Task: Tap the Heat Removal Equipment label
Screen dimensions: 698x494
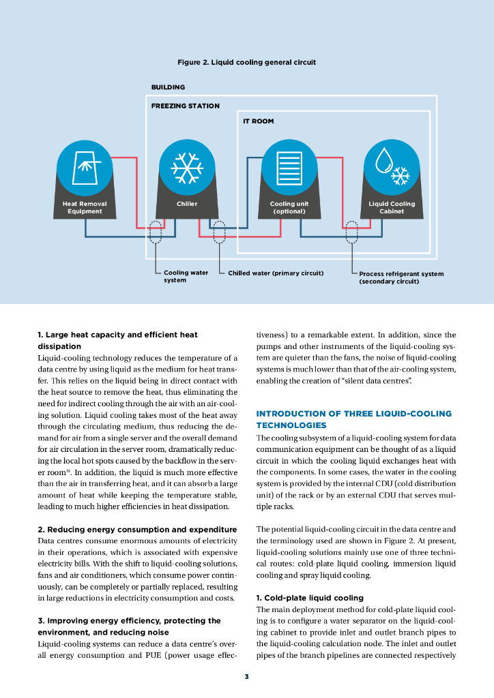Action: [85, 207]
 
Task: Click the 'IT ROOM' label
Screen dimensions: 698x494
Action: [259, 121]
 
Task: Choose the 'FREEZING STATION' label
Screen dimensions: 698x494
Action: [185, 106]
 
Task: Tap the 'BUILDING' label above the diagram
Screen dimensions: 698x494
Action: [168, 87]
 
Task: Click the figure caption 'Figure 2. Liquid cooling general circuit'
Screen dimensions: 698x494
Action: [246, 62]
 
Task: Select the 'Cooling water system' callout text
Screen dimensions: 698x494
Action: [186, 276]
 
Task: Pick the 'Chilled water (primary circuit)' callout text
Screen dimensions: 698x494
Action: [275, 273]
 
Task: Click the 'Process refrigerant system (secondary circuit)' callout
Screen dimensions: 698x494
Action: [401, 277]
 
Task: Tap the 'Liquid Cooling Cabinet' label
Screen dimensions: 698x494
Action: [392, 207]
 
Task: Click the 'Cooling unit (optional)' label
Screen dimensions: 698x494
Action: [289, 207]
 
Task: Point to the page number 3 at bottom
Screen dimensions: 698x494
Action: [247, 676]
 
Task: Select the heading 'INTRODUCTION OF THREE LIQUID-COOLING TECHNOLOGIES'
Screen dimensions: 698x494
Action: [353, 419]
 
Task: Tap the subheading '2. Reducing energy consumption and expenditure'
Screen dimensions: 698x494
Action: [137, 530]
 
